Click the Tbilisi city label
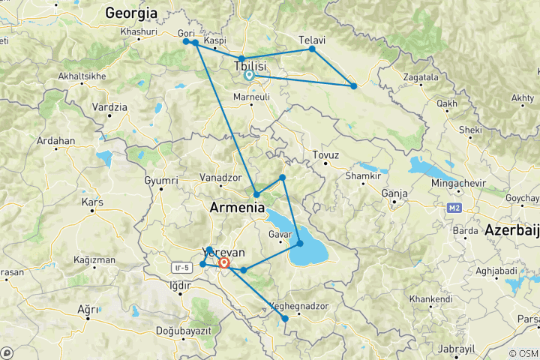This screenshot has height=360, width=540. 250,66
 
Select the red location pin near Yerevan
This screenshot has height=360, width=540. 224,263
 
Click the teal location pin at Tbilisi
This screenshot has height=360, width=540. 249,75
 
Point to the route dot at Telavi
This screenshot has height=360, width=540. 312,49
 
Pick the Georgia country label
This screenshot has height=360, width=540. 131,13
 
